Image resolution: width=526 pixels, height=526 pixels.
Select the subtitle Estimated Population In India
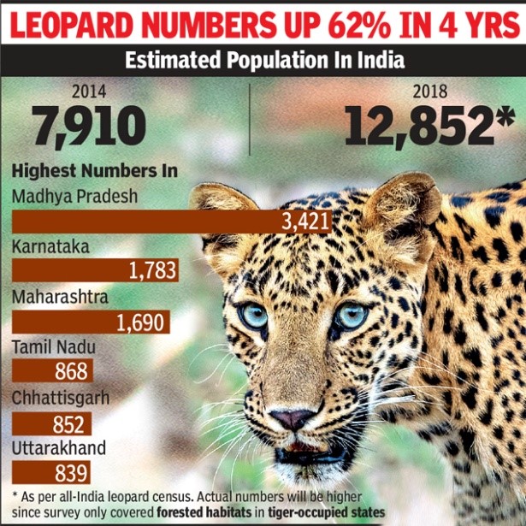[263, 62]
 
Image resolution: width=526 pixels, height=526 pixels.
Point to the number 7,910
[89, 126]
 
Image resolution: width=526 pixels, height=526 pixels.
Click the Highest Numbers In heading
[95, 170]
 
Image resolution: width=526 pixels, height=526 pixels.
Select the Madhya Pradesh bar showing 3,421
[171, 222]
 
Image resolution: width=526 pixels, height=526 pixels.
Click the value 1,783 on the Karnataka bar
[153, 271]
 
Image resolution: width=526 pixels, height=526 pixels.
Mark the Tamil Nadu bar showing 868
[52, 372]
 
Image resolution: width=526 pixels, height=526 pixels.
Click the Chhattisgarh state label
[59, 399]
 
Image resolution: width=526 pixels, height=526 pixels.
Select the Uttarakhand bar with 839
[50, 473]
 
